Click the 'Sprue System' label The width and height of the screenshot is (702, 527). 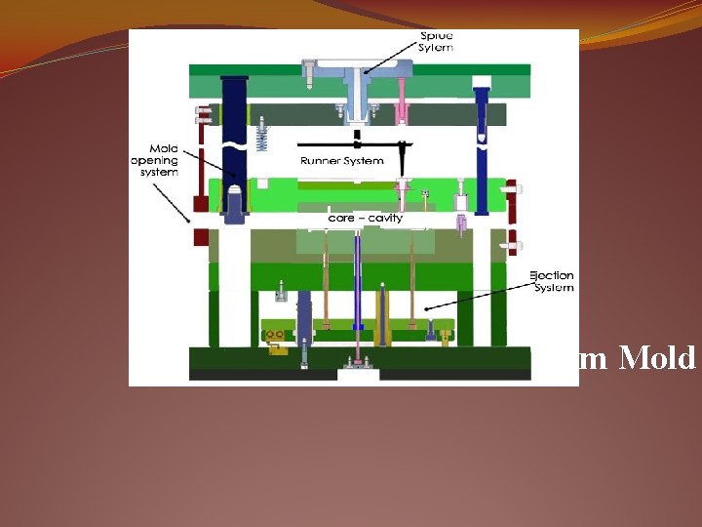(436, 42)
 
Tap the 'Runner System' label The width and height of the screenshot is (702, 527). (341, 160)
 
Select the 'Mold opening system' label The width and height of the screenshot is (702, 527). (154, 159)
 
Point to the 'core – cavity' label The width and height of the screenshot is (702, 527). (366, 218)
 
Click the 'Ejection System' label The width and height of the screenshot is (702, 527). (552, 281)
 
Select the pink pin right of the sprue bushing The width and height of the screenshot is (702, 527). (401, 102)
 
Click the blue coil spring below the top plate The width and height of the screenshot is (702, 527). (261, 137)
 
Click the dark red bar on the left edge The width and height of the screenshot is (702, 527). (201, 166)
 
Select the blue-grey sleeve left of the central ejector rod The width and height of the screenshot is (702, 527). (305, 312)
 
